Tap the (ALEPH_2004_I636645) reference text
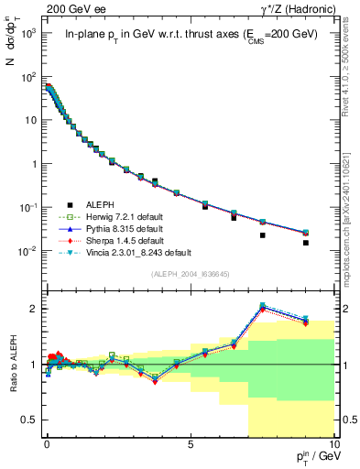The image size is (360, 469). coord(190,273)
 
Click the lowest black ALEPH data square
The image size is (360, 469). coord(332,243)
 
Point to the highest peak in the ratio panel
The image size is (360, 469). coord(263,305)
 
